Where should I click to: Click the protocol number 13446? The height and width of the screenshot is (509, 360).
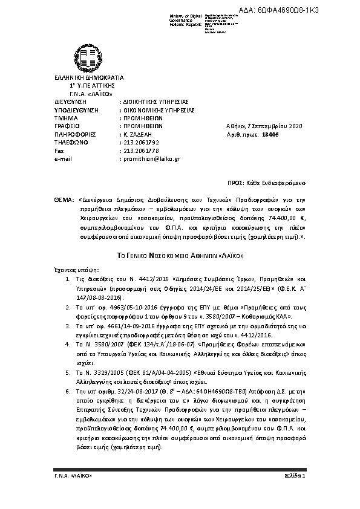[x=270, y=134]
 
